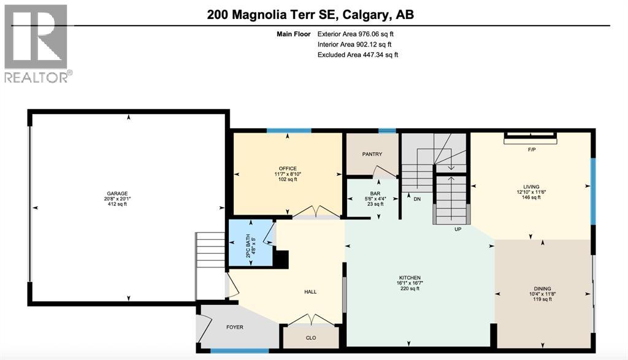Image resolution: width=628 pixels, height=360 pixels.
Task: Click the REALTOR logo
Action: click(37, 43)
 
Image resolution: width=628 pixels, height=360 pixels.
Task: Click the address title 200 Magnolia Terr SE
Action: click(311, 14)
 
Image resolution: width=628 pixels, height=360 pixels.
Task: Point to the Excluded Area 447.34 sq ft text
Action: click(358, 55)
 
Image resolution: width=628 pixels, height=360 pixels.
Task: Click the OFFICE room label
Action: click(287, 169)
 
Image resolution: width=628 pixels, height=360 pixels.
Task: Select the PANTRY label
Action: click(372, 155)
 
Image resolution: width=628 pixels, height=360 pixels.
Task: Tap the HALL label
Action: click(310, 291)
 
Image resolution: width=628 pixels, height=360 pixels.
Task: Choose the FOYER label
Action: click(235, 327)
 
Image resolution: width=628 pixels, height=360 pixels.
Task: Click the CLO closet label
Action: click(310, 337)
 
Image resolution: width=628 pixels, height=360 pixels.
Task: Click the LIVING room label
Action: click(531, 186)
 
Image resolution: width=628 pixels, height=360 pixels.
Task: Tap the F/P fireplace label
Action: click(531, 149)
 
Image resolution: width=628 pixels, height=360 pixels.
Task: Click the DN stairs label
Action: click(416, 199)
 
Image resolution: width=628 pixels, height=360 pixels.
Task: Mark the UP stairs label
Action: click(457, 229)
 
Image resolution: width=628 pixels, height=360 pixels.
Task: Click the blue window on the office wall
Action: click(288, 130)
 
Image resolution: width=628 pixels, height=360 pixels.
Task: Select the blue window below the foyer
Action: click(239, 351)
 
